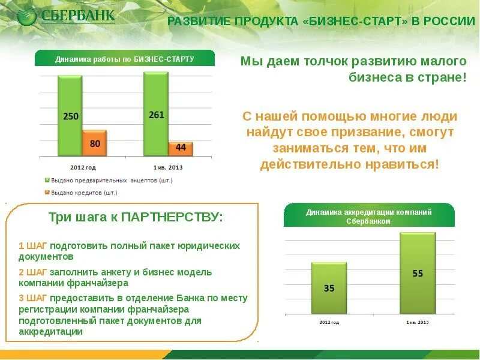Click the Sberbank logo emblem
pyautogui.click(x=27, y=16)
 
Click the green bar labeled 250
pyautogui.click(x=70, y=115)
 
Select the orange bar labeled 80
pyautogui.click(x=95, y=143)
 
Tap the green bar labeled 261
pyautogui.click(x=156, y=114)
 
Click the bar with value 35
pyautogui.click(x=329, y=288)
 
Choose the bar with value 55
pyautogui.click(x=418, y=273)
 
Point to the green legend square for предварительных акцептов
pyautogui.click(x=47, y=180)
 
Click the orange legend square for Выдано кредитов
pyautogui.click(x=47, y=193)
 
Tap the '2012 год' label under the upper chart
pyautogui.click(x=83, y=167)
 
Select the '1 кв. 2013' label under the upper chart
pyautogui.click(x=169, y=167)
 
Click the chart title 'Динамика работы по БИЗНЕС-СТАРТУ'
pyautogui.click(x=125, y=59)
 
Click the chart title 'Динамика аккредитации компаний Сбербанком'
pyautogui.click(x=368, y=216)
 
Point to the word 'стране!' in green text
pyautogui.click(x=445, y=78)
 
